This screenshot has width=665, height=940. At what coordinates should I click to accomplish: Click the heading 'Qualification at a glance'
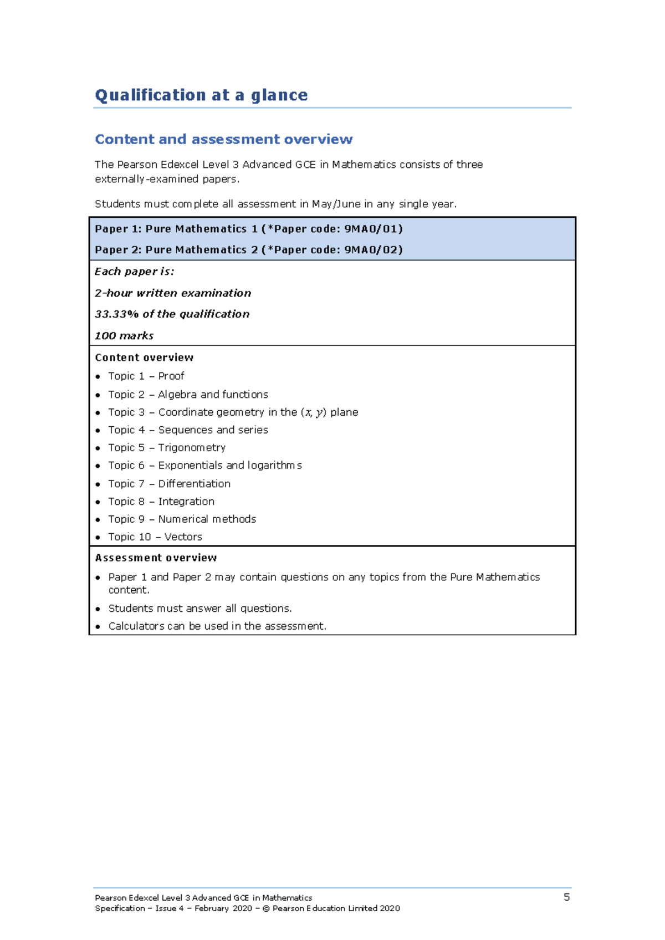point(201,95)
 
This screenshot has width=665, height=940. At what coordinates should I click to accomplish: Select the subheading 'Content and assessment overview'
point(223,139)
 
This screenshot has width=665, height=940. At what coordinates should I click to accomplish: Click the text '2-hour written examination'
point(173,293)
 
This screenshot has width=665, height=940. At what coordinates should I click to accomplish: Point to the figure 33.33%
point(116,314)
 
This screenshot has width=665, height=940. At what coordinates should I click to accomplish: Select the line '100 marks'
point(124,336)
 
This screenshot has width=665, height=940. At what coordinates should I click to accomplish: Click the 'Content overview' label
point(144,357)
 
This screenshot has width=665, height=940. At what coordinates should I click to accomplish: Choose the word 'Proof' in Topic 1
point(171,376)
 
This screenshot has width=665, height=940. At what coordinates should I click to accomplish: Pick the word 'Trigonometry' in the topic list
point(192,448)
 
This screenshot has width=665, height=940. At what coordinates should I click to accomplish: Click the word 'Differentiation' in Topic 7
point(194,484)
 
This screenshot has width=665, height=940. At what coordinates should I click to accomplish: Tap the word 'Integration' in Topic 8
point(186,502)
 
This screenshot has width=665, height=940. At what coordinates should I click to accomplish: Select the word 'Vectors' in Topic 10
point(183,537)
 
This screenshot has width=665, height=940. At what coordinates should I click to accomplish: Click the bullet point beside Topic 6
point(98,466)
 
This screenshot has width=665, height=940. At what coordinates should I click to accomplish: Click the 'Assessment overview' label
point(156,558)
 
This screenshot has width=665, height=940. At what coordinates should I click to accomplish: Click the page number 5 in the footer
point(566,897)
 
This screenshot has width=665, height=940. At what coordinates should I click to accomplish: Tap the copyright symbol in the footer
point(266,908)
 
